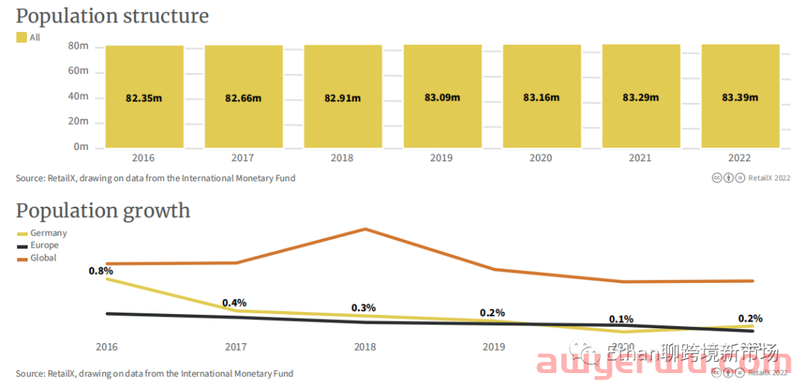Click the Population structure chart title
pos(113,16)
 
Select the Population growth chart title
pos(103,210)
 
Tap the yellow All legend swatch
pos(22,37)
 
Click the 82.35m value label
pos(144,98)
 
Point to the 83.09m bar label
pos(442,97)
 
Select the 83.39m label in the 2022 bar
pos(740,97)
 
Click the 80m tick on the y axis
pos(78,46)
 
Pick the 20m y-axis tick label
pos(78,121)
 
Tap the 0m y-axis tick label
pos(81,147)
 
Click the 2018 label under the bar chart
pos(342,157)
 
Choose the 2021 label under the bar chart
pos(640,157)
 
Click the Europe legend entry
pos(44,245)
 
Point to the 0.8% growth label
pos(101,271)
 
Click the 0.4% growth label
pos(234,303)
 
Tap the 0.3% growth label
pos(364,307)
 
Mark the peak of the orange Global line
pos(365,229)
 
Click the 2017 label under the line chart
pos(236,347)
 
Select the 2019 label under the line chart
pos(493,347)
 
